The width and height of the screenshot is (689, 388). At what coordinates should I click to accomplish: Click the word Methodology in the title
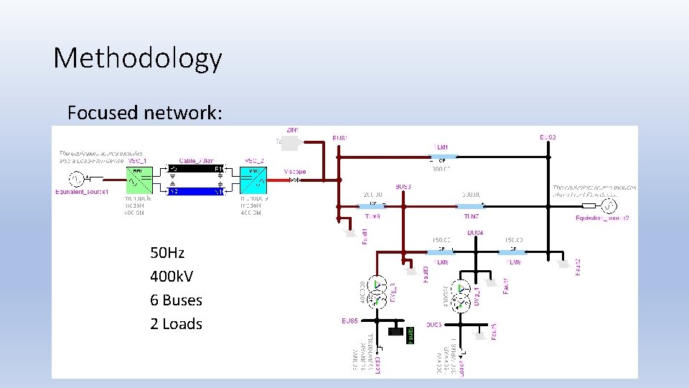[x=138, y=58]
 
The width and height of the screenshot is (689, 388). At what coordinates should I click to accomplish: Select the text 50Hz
[x=167, y=253]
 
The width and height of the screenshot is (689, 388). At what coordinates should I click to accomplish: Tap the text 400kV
[x=172, y=277]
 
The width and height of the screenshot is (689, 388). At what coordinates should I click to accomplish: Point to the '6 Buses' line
[x=176, y=300]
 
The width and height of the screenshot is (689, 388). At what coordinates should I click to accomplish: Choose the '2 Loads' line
[x=176, y=324]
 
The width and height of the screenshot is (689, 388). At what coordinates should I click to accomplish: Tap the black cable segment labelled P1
[x=195, y=170]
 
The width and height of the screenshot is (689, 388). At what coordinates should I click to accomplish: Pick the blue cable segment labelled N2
[x=195, y=191]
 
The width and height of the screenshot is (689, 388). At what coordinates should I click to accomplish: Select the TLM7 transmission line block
[x=470, y=205]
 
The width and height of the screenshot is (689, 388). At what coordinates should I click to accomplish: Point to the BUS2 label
[x=548, y=137]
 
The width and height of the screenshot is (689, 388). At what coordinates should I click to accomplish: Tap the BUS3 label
[x=404, y=187]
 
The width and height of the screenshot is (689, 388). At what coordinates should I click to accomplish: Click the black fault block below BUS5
[x=395, y=331]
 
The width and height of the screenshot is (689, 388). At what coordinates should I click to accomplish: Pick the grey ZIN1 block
[x=289, y=143]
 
